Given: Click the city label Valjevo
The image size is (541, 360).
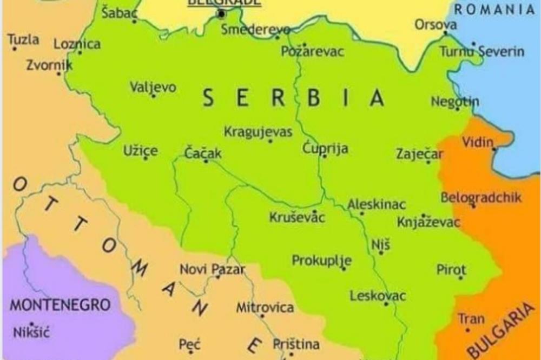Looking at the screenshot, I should coord(153,87).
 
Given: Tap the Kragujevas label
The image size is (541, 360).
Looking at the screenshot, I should coord(258,132).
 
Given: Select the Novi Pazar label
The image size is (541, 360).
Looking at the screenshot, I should coord(212,269).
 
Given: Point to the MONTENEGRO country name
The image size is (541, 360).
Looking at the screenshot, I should coord(60,305).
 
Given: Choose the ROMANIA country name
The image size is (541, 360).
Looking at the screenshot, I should coord(494,9).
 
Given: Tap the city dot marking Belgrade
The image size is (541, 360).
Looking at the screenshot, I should coord(221,14).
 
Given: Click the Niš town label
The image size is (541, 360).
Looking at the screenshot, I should coord(380,244).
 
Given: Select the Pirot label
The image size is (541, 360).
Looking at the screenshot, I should coord(451,270).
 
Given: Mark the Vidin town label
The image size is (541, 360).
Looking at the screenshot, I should coord(478,142).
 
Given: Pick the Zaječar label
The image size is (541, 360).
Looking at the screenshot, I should coord(419,154).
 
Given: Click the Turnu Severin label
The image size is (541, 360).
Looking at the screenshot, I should coord(481,52).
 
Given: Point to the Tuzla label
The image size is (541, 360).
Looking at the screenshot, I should coord(23,39).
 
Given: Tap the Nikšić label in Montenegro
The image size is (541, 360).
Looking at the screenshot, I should coord(31,332).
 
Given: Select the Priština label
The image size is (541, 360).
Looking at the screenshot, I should coord(296,344).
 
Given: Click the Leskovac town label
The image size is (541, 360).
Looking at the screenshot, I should coord(378,296).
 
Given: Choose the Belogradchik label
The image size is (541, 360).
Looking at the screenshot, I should coord(481,197).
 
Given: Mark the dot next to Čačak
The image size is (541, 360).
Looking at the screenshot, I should coord(206,161).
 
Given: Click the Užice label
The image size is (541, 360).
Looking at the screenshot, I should coord(141,151).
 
